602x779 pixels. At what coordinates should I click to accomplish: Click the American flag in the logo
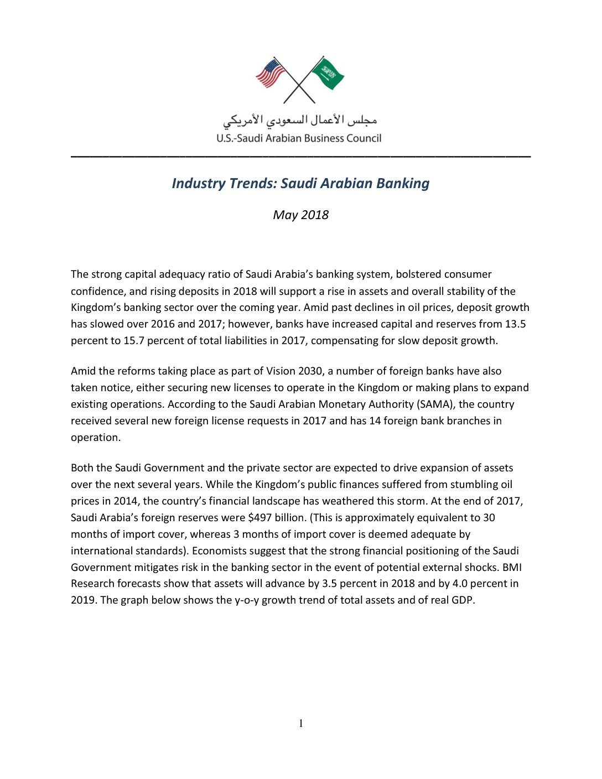(x=269, y=74)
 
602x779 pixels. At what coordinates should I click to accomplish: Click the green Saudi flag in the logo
(x=329, y=74)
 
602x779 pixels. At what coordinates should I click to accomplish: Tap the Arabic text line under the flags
(x=300, y=120)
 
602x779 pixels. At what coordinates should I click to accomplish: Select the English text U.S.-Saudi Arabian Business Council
(x=299, y=138)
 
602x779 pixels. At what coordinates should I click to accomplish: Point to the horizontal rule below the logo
(x=300, y=157)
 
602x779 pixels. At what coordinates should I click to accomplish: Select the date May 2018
(x=300, y=215)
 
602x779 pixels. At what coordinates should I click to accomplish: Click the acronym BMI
(x=512, y=568)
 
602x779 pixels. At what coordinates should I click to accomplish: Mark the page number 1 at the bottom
(x=301, y=724)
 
